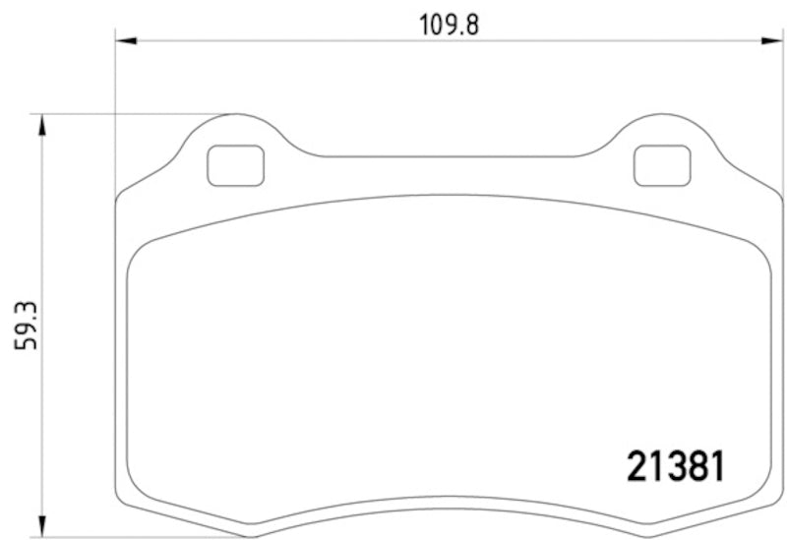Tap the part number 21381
[x=676, y=466]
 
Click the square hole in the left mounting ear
[x=236, y=165]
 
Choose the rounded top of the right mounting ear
[x=662, y=115]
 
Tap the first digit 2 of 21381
[x=636, y=466]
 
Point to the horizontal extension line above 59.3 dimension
[x=128, y=114]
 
